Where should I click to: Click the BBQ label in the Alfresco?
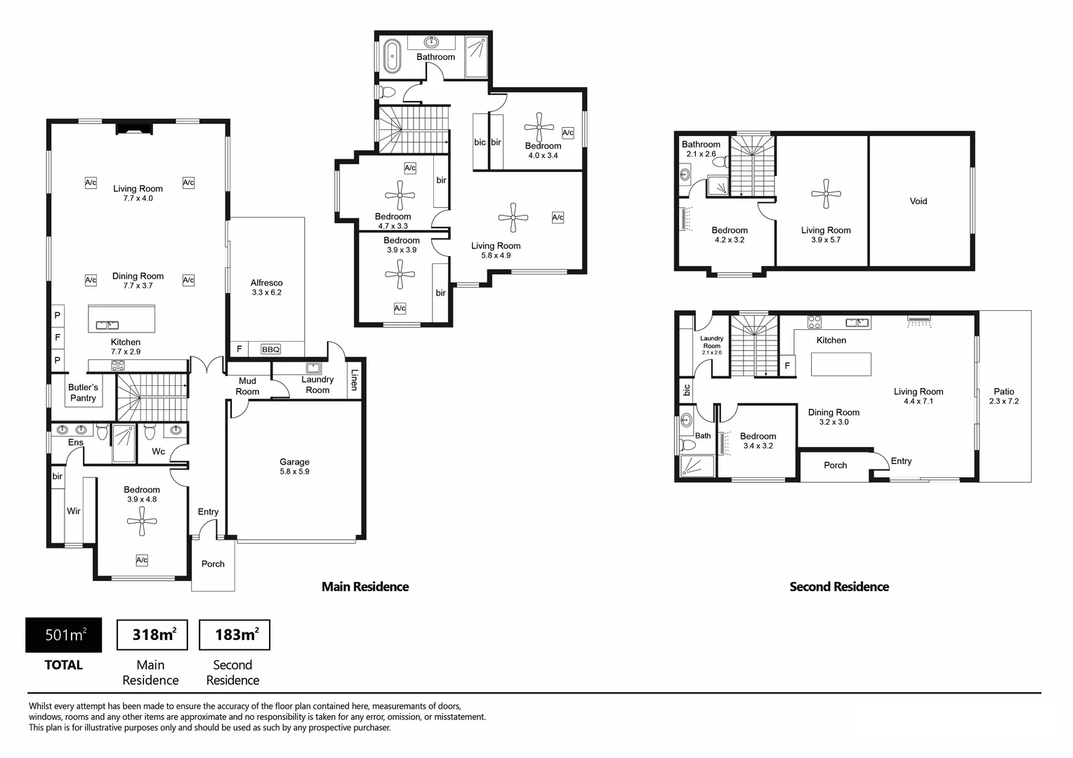270,350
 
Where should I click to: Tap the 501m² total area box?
64,635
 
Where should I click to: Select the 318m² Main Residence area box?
152,635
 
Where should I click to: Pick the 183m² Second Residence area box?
235,635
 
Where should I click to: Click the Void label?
919,201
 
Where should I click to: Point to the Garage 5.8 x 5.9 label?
295,467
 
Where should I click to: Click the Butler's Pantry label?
83,392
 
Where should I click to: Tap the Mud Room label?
247,386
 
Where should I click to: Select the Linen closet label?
355,380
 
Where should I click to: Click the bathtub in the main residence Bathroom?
393,56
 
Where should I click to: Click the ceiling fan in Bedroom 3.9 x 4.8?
142,521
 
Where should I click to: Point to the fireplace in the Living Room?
134,128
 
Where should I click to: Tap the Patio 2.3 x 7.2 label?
1004,396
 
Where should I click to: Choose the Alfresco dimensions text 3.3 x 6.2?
267,293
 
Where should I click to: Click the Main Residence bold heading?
365,587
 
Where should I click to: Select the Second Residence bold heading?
839,587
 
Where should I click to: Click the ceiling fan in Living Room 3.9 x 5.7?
826,194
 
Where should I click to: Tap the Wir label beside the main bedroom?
73,511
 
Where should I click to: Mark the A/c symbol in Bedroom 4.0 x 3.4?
567,133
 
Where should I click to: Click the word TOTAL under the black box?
64,665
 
